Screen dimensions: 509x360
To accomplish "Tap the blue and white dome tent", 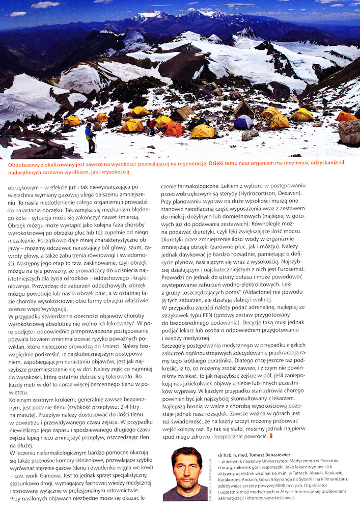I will (243, 122).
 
